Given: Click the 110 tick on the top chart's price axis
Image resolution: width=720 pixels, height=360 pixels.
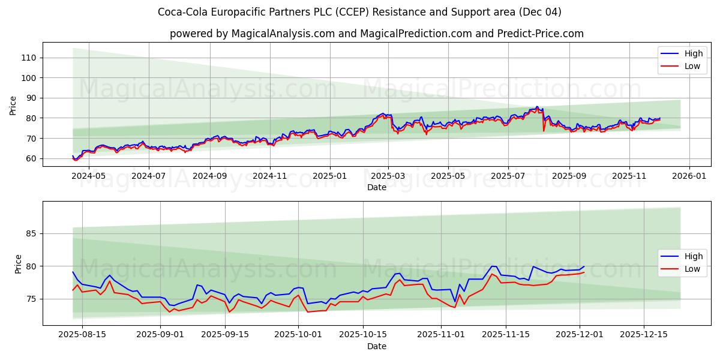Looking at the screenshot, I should (29, 58).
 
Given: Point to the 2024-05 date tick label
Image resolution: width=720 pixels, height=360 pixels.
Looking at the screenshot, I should (89, 177).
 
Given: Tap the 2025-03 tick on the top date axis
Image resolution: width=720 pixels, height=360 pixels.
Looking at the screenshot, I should (388, 177).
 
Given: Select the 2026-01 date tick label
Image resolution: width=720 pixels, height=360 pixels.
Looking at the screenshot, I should (688, 177).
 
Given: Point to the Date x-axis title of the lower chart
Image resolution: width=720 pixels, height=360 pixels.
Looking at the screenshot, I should (376, 346).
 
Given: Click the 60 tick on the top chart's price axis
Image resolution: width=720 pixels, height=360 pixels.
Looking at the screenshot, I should (31, 158).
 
